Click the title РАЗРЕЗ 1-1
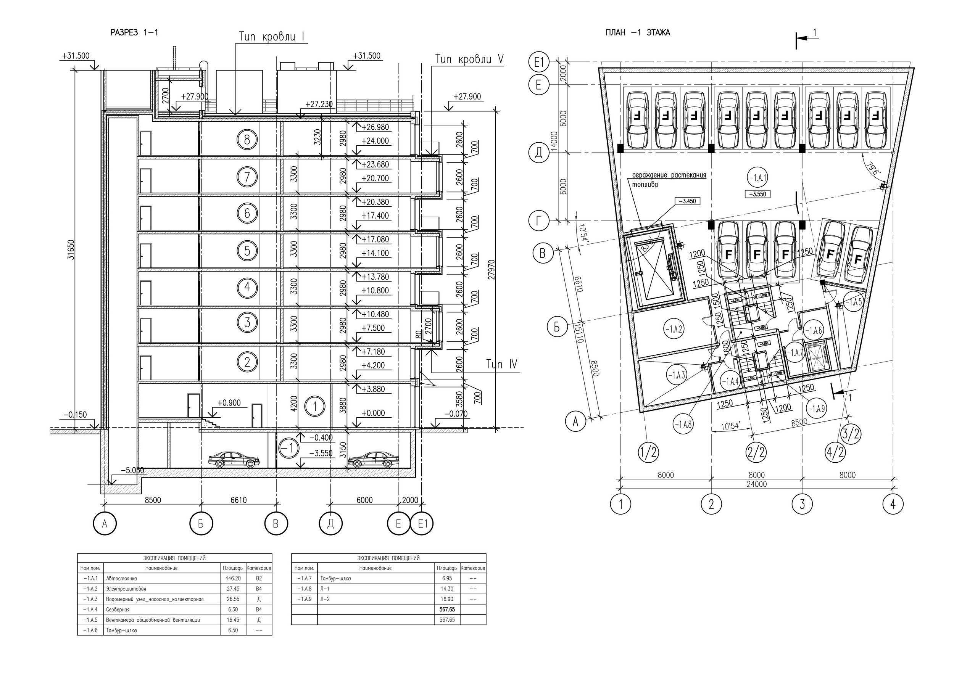click(134, 33)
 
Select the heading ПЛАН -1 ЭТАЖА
click(638, 33)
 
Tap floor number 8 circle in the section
click(247, 140)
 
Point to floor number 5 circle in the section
click(247, 251)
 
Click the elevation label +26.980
click(375, 127)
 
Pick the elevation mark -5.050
click(132, 470)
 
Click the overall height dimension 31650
click(71, 249)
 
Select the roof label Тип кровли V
click(469, 60)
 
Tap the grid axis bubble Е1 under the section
click(422, 524)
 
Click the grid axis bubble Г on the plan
click(539, 220)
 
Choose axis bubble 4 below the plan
click(893, 504)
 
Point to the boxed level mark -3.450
click(687, 201)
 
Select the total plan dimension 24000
click(757, 484)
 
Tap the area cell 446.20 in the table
click(232, 578)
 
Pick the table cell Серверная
click(118, 609)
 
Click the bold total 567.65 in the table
click(447, 609)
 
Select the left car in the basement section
click(234, 459)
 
